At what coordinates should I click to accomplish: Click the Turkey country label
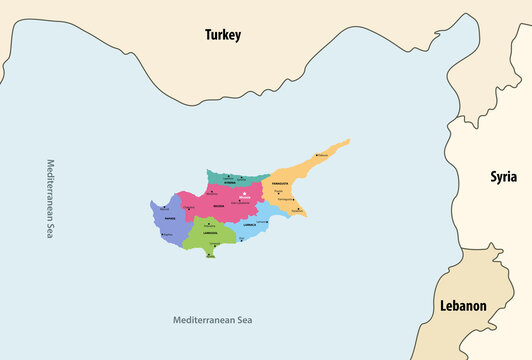[222, 35]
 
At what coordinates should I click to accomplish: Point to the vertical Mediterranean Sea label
[49, 198]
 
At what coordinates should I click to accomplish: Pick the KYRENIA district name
[230, 183]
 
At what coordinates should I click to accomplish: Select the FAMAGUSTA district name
[279, 184]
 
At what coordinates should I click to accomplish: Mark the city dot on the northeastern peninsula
[316, 155]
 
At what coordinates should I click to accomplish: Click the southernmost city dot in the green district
[209, 254]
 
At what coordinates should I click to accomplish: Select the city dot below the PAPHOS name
[163, 234]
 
